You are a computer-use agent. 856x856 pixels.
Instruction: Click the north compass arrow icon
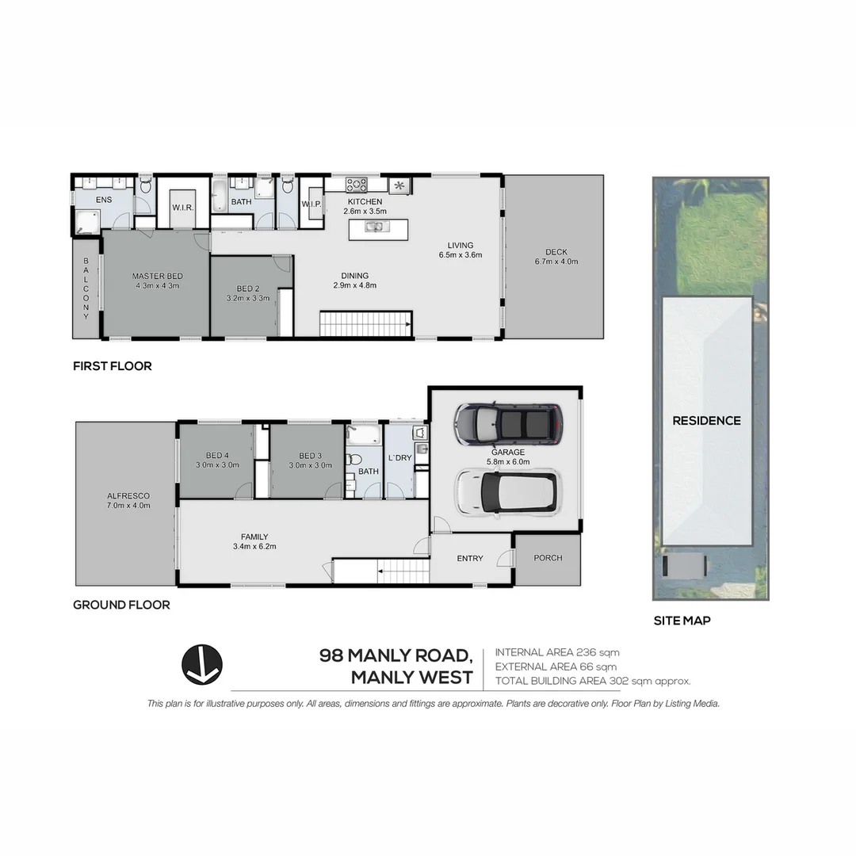pyautogui.click(x=201, y=664)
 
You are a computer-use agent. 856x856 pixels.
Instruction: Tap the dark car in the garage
pyautogui.click(x=508, y=424)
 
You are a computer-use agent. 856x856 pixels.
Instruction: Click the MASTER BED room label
pyautogui.click(x=157, y=276)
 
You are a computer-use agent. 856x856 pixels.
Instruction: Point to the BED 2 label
pyautogui.click(x=248, y=289)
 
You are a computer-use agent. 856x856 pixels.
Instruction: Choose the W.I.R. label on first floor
pyautogui.click(x=183, y=208)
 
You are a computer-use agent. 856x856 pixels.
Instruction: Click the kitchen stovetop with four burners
pyautogui.click(x=357, y=185)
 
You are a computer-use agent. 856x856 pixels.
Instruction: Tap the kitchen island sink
pyautogui.click(x=374, y=227)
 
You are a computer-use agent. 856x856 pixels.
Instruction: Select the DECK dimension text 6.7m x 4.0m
pyautogui.click(x=556, y=261)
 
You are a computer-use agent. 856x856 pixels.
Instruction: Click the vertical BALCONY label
pyautogui.click(x=86, y=289)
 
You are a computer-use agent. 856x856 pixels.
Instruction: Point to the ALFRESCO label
pyautogui.click(x=128, y=496)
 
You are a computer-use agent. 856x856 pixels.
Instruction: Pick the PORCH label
pyautogui.click(x=548, y=558)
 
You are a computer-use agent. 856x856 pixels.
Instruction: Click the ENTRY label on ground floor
pyautogui.click(x=470, y=559)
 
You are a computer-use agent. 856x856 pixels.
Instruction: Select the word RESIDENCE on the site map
pyautogui.click(x=706, y=421)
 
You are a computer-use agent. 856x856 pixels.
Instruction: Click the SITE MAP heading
pyautogui.click(x=682, y=621)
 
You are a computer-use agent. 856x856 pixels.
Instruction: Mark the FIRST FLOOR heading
pyautogui.click(x=112, y=366)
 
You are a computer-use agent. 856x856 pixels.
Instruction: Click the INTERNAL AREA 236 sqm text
pyautogui.click(x=557, y=652)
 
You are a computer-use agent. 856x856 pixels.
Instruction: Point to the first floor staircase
pyautogui.click(x=365, y=323)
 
